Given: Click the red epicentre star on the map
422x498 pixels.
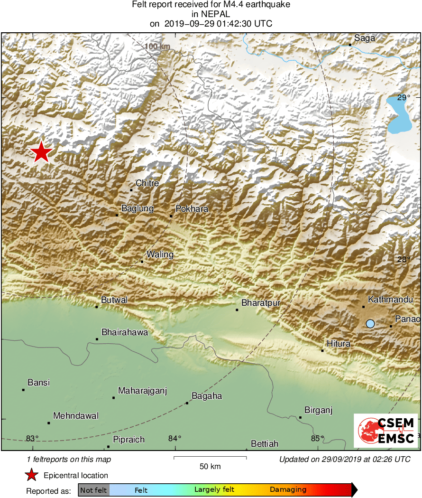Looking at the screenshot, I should (x=41, y=152).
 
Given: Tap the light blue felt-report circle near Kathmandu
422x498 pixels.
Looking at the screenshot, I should (x=370, y=324).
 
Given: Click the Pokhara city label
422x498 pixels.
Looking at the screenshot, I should (x=192, y=209).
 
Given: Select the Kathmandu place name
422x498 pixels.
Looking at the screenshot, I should (x=391, y=300).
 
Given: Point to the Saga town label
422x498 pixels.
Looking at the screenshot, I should (x=365, y=38).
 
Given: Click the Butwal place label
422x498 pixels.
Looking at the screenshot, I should (x=114, y=300).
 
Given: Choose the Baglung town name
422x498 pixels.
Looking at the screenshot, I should (x=138, y=208).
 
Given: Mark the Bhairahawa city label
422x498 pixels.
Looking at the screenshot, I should (x=125, y=332).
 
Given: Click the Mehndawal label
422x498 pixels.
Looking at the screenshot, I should (x=76, y=416).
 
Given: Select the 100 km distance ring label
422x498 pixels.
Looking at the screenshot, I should (x=158, y=47).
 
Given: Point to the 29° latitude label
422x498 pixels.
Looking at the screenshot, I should (x=403, y=98).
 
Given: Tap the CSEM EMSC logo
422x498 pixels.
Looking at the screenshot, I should (x=385, y=430).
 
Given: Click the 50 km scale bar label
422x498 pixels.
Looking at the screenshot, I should (x=210, y=467).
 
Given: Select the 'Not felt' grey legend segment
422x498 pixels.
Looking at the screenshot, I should (x=93, y=490).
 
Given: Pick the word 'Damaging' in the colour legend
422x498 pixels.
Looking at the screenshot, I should (x=288, y=489).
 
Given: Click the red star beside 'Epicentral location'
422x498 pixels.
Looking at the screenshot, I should (x=31, y=475).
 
